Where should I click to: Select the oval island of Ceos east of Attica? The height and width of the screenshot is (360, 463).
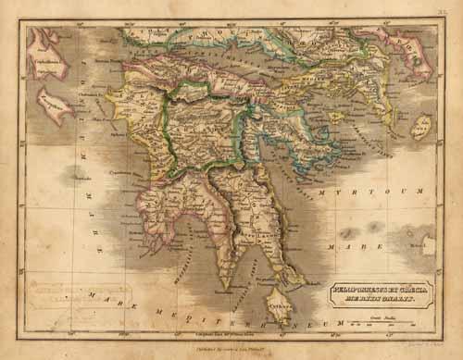pos(421,127)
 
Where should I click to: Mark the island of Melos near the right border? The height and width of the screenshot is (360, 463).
pos(428,245)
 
